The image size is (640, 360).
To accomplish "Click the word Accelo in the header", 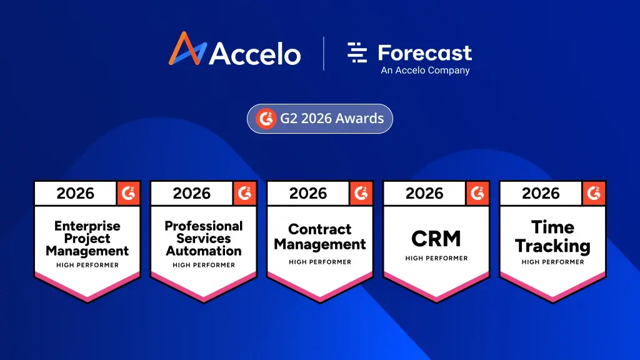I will (254, 54).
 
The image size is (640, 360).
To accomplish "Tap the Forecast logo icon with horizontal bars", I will (357, 53).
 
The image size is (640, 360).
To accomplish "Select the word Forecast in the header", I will (425, 52).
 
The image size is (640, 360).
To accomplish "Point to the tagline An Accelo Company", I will (425, 71).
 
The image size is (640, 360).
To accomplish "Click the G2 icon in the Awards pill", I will (266, 118).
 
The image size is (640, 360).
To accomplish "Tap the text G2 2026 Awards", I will (332, 118).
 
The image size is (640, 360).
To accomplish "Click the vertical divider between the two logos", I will (324, 54).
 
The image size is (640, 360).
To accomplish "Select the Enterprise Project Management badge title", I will (87, 238).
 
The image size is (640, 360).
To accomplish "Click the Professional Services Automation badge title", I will (204, 238).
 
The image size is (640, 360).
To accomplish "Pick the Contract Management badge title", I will (320, 237).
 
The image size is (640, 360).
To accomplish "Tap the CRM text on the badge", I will (436, 238).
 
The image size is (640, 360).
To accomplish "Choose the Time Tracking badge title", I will (552, 236).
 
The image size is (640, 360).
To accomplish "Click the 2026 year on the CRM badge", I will (424, 194).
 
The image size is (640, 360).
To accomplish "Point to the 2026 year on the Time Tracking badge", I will (541, 194).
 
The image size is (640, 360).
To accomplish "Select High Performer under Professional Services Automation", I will (204, 265).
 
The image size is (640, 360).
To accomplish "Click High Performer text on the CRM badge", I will (436, 258).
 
